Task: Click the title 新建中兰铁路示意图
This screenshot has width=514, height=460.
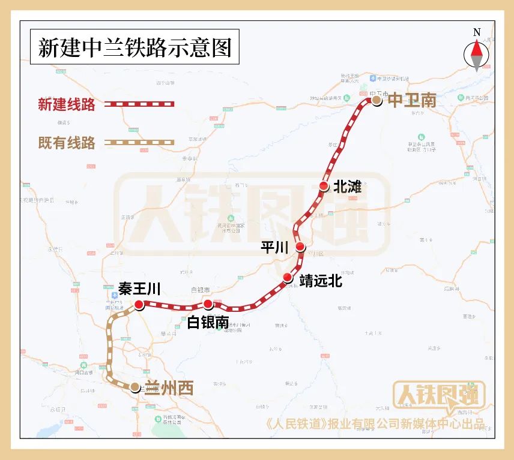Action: pos(135,48)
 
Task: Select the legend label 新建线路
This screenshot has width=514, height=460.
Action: pos(67,104)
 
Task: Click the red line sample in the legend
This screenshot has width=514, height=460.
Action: pos(139,104)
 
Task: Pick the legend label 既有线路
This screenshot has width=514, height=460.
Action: pos(67,143)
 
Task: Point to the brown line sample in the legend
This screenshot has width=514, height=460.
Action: pos(139,143)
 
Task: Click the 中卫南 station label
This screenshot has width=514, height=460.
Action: pos(412,101)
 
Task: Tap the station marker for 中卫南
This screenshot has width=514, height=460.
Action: pos(376,101)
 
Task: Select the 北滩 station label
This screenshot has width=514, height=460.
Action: pos(348,187)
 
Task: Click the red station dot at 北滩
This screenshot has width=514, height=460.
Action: pos(324,187)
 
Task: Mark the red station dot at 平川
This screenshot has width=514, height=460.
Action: pos(301,247)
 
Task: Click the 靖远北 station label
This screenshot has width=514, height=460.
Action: pos(321,280)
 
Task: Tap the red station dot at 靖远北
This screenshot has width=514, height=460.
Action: pos(288,278)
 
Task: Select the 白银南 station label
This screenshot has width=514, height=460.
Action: pos(208,322)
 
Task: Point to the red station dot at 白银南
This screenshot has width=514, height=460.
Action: pos(208,305)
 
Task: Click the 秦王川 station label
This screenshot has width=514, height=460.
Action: pos(139,290)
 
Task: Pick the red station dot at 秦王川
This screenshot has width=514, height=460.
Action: pos(139,305)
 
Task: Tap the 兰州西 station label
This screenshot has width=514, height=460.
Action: pos(169,389)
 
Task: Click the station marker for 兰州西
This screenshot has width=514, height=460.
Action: pos(136,387)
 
